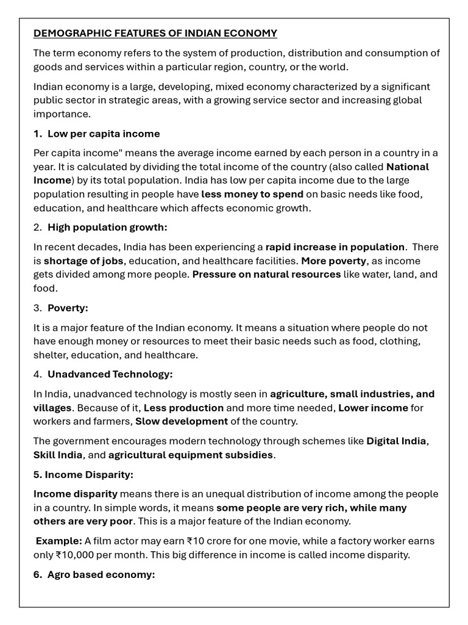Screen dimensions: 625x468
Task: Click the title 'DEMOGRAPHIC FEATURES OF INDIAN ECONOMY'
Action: tap(155, 33)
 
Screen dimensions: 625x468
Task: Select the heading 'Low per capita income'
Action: tap(104, 134)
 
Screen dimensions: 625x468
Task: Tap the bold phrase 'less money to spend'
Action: tap(252, 194)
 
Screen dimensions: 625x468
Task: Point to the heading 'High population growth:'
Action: tap(107, 227)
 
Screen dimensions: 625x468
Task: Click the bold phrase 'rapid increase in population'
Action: tap(335, 247)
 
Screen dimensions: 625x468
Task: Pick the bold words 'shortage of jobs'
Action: tap(83, 261)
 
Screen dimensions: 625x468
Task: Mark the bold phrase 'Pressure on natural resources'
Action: tap(266, 274)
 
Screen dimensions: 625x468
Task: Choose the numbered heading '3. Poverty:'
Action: tap(61, 308)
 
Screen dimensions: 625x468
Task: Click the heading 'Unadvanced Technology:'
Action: tap(110, 374)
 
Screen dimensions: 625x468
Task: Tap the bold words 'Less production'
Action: tap(183, 408)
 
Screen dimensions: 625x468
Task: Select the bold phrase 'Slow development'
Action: tap(182, 421)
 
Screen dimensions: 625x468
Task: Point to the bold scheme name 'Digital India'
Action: tap(397, 441)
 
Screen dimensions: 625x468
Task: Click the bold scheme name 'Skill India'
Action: tap(58, 455)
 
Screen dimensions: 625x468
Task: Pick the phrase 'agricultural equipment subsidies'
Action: tap(191, 455)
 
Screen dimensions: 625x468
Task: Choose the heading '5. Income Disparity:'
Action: tap(83, 474)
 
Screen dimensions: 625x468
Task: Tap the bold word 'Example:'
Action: tap(58, 541)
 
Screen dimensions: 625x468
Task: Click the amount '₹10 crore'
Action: tap(208, 541)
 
